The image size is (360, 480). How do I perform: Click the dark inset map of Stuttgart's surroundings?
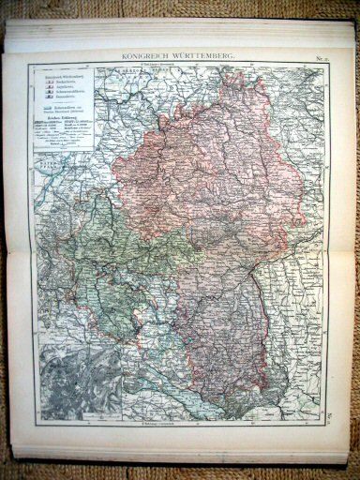click(x=69, y=381)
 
